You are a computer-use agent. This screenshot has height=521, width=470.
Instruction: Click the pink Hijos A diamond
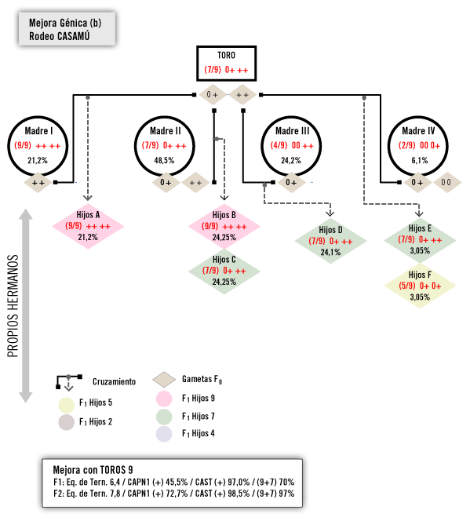coord(88,226)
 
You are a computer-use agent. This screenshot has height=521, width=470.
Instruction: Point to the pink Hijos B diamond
coord(224,226)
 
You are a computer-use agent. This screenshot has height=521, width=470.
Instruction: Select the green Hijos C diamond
coord(224,271)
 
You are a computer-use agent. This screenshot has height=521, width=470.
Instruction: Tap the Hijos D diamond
coord(330,241)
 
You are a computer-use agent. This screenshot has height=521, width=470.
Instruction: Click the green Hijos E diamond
coord(420,240)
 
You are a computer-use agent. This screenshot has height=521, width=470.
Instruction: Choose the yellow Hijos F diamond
coord(420,286)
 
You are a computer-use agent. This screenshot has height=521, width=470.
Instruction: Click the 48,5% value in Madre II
coord(164,161)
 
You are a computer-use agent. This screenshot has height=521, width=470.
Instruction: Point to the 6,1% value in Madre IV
coord(420,161)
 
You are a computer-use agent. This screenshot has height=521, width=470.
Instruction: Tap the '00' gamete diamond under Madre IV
coord(447,182)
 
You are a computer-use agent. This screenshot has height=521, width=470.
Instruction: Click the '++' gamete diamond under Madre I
coord(38,182)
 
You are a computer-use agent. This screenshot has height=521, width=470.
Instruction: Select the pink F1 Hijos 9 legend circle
coord(164,399)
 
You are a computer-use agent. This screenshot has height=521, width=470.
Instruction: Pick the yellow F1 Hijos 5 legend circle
coord(66,405)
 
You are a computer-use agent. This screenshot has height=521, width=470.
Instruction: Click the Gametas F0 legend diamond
coord(164,380)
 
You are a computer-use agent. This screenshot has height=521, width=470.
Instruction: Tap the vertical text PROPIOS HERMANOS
coord(13,306)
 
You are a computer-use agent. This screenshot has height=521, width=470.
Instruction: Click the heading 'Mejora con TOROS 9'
coord(93,470)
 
